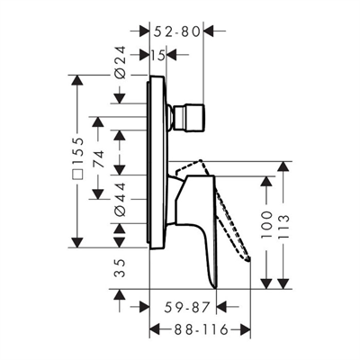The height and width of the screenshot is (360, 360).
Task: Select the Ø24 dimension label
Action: [x=121, y=63]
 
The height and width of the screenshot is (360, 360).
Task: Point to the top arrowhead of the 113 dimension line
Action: [x=286, y=167]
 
